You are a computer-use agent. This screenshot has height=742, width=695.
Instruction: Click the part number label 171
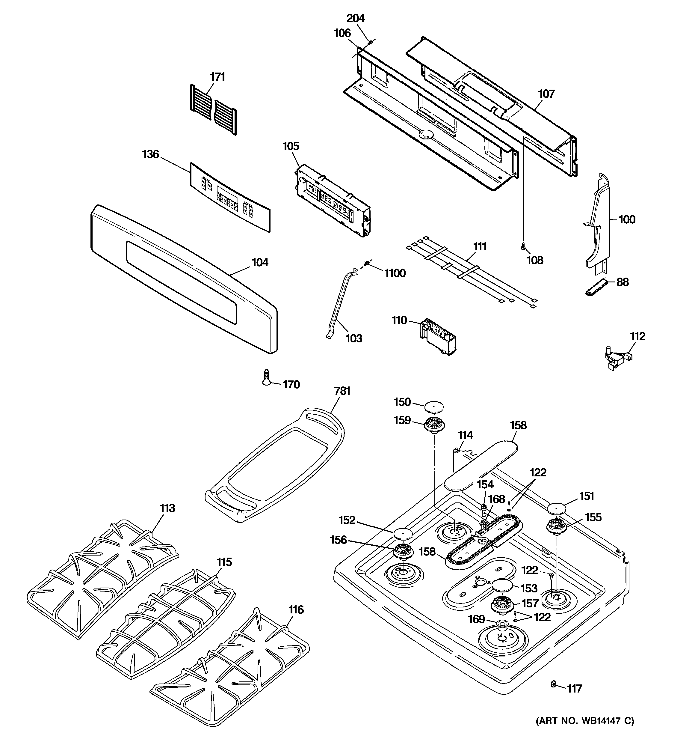217,77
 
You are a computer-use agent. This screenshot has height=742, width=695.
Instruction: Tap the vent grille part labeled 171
213,109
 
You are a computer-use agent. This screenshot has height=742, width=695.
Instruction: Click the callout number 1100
395,274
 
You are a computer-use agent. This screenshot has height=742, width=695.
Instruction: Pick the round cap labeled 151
557,508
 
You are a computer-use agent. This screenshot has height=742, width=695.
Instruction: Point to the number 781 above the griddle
342,391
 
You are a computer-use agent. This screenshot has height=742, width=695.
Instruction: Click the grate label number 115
224,562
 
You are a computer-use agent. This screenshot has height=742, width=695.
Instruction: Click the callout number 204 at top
356,18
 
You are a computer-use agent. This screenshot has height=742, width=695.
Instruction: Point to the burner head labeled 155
557,528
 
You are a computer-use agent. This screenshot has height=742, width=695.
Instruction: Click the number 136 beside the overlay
151,154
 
